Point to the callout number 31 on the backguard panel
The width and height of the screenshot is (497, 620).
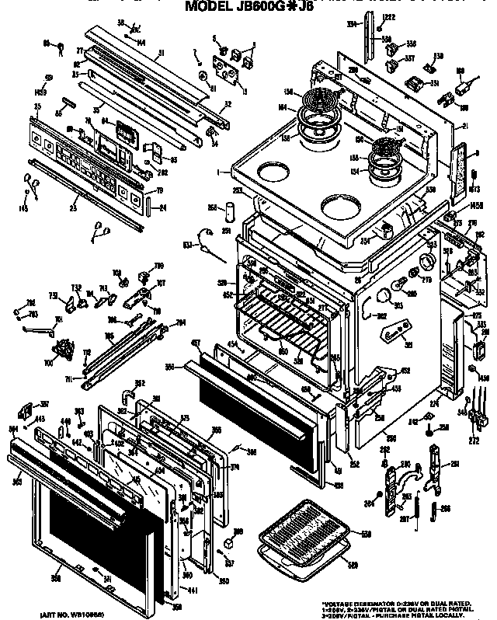coord(160,54)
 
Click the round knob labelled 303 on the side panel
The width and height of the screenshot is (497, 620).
coord(382,294)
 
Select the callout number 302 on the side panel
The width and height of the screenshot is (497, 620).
coord(381,316)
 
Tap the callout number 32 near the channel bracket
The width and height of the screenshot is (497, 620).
coord(227,105)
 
